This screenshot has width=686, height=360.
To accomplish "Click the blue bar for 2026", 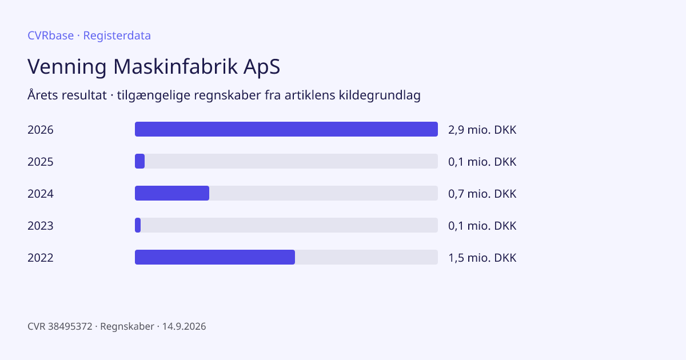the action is point(286,129).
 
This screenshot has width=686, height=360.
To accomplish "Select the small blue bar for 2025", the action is point(139,161).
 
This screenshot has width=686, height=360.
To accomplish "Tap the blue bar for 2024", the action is point(172,193).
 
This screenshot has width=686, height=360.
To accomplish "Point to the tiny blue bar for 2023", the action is point(138,225).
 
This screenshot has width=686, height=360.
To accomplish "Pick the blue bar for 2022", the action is point(215,257).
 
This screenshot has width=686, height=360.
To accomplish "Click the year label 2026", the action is point(41,130).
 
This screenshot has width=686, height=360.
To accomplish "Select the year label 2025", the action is point(41,162).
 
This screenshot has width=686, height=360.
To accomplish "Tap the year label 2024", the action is point(41,194).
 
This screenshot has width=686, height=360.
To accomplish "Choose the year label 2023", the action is point(41,226).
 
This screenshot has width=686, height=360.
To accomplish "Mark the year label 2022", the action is point(41,258).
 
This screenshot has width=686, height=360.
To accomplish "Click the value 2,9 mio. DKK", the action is point(482,130).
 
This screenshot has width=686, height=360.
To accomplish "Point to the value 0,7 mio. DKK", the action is point(482,194).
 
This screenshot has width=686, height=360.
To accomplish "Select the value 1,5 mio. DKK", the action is point(482,258).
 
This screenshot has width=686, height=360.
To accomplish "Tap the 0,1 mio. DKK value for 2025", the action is point(482,162).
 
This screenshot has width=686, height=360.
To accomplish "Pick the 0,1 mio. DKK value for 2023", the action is point(482,226).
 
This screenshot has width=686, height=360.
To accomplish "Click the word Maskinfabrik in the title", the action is point(176,66).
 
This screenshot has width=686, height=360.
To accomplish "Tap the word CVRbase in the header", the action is point(51,35).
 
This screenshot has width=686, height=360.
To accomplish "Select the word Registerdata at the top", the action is point(117,35).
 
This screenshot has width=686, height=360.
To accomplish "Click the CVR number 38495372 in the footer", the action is point(70,326).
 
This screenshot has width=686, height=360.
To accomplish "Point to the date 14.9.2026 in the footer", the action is point(184,326).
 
